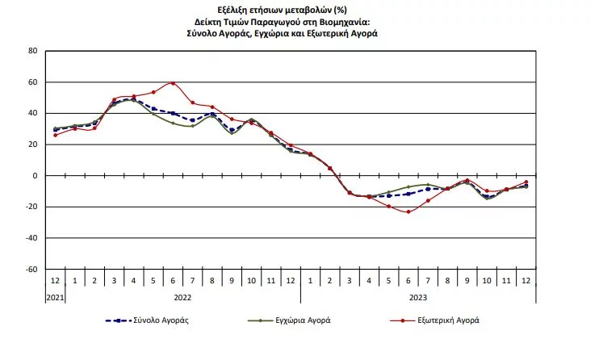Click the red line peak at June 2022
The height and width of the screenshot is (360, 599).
coord(173,83)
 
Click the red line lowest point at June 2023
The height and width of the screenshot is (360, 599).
coord(408,211)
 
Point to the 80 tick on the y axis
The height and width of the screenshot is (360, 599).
coord(33,51)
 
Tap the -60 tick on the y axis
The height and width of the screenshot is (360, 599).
coord(31,270)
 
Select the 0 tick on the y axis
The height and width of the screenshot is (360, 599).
coord(36,176)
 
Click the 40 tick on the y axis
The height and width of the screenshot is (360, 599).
coord(33,114)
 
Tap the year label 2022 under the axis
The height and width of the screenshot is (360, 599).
coord(182,296)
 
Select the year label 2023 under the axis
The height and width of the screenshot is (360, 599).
coord(418,296)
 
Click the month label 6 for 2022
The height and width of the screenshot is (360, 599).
coord(173,280)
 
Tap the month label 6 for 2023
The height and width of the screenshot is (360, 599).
coord(408,280)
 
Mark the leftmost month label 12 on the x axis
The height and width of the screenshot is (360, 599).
coord(55,280)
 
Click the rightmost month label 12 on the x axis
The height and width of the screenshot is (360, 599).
coord(526,280)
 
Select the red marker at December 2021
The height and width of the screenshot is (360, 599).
coord(55,135)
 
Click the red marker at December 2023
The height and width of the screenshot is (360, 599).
coord(526,182)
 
